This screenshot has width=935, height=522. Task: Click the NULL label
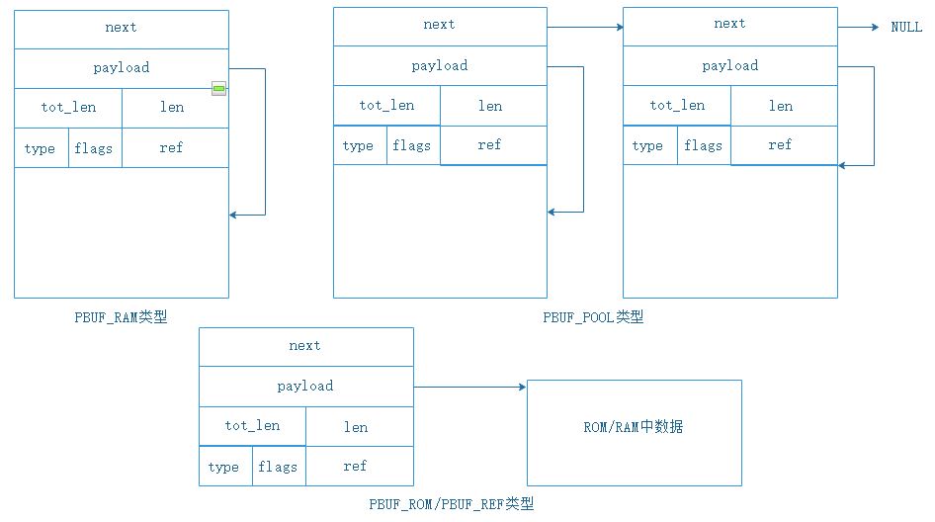[x=905, y=28]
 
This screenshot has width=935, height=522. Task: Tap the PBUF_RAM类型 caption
[x=121, y=317]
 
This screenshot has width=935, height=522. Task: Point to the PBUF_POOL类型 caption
[x=593, y=317]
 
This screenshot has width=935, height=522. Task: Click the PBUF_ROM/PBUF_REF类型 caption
[x=452, y=503]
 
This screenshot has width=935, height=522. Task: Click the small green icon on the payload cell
[x=218, y=89]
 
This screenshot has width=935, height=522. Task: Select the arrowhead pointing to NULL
[x=874, y=28]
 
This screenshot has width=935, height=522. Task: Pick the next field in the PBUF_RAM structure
[x=121, y=29]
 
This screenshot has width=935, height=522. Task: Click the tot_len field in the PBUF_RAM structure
[x=68, y=108]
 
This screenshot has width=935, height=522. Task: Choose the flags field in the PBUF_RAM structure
[x=95, y=148]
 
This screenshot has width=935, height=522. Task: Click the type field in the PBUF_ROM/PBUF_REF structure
[x=224, y=467]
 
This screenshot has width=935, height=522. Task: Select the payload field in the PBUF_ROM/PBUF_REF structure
[x=305, y=387]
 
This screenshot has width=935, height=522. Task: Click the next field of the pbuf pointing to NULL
[x=729, y=25]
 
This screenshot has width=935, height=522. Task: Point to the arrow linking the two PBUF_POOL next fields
[x=584, y=28]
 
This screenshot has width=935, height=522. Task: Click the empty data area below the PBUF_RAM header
[x=121, y=232]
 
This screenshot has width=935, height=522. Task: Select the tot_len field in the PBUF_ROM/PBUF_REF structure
[x=252, y=426]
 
